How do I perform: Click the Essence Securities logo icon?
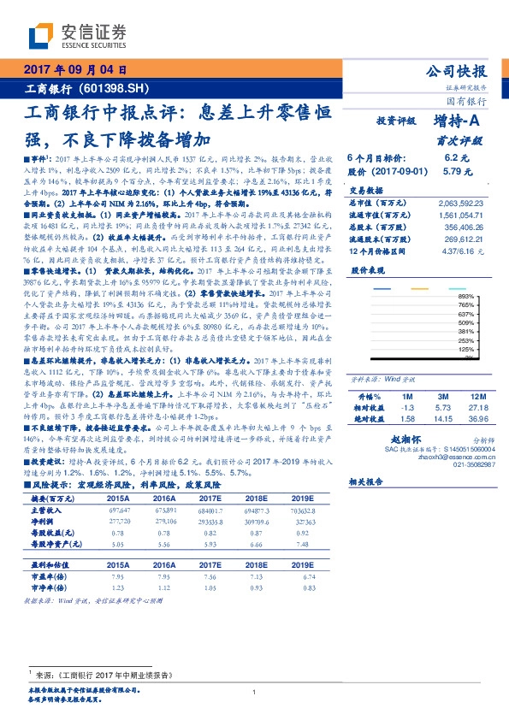[x=41, y=33]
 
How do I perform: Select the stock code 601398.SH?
[x=118, y=88]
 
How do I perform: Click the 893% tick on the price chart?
[x=489, y=295]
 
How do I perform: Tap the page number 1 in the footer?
[x=254, y=692]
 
